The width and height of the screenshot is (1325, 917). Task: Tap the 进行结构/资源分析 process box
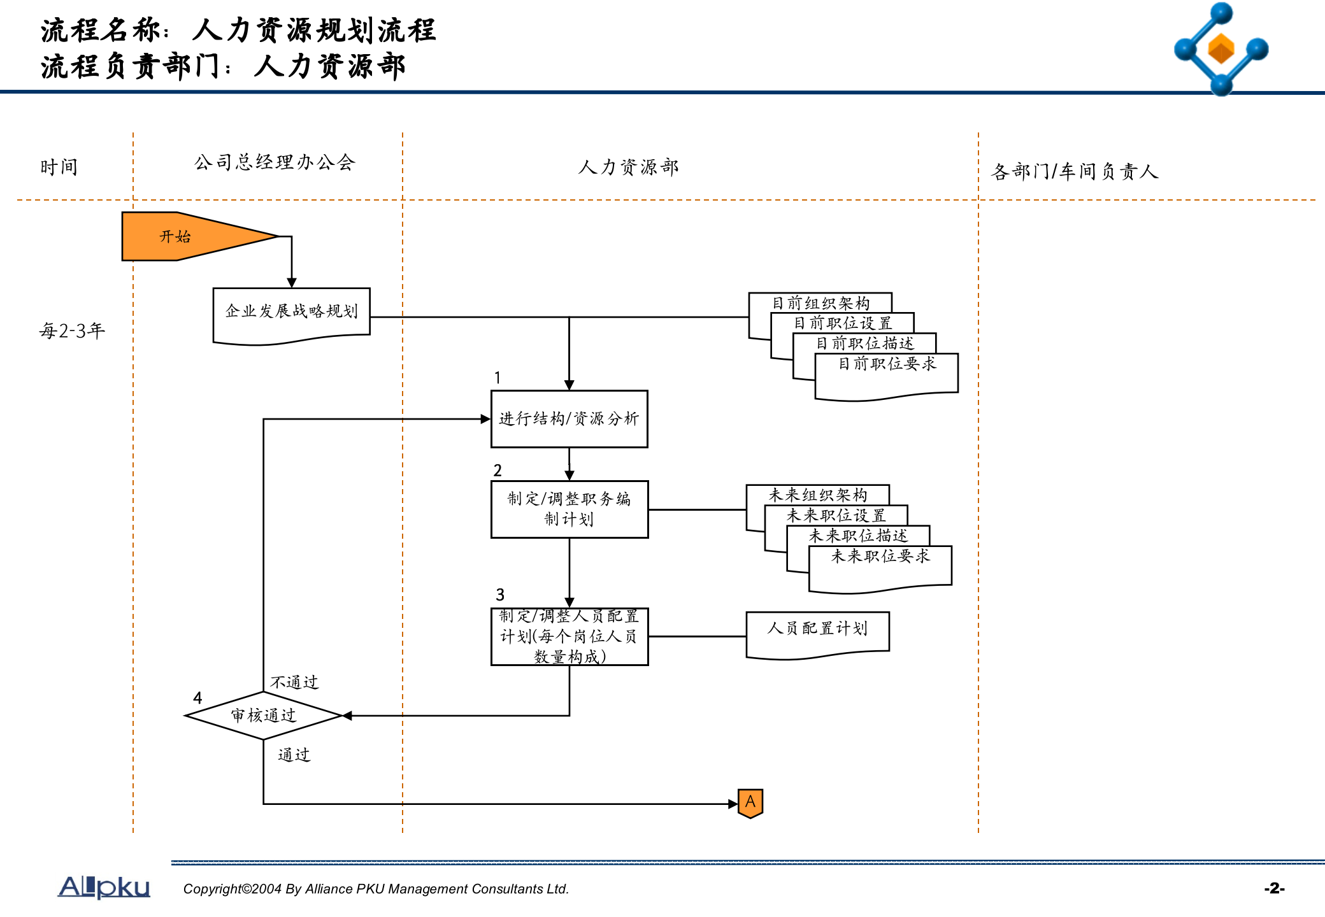(569, 419)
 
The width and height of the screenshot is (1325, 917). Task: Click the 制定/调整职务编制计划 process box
(569, 509)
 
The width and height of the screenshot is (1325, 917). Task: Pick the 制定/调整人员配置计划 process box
(569, 636)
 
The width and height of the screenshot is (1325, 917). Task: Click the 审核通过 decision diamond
(263, 716)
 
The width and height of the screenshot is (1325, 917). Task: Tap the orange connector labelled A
(750, 802)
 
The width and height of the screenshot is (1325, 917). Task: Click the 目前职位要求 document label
(887, 364)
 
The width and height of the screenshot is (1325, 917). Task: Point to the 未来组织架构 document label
(817, 495)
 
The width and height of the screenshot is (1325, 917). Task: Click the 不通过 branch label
(294, 683)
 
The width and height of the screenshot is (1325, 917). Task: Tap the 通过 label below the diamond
(294, 755)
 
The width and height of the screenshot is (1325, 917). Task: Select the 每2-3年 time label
(72, 331)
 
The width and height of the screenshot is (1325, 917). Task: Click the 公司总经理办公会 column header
(274, 163)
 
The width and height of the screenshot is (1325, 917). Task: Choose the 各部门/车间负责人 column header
(1075, 171)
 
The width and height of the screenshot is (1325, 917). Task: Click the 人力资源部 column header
(628, 167)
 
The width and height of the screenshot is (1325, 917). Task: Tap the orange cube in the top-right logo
(1221, 49)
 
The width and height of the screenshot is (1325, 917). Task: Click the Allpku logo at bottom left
(104, 886)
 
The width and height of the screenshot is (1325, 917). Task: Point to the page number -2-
(1274, 888)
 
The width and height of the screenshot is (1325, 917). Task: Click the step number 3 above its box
(500, 595)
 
